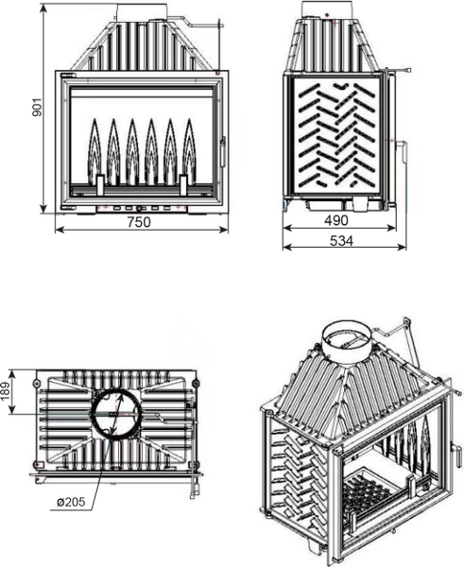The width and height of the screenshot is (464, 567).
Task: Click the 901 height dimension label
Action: [x=37, y=108]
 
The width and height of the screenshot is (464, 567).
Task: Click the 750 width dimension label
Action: [x=139, y=222]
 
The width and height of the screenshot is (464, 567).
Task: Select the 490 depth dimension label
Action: [x=336, y=220]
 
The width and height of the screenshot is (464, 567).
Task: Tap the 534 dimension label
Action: [x=341, y=240]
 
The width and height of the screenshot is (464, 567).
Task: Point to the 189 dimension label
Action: [x=6, y=391]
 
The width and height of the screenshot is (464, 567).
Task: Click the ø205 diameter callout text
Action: [x=71, y=502]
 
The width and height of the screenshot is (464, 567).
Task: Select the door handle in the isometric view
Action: [x=455, y=453]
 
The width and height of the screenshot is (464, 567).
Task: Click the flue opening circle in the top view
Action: [x=115, y=414]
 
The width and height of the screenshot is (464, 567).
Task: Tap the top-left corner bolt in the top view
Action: [x=36, y=383]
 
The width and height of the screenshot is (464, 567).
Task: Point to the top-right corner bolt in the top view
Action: [x=196, y=383]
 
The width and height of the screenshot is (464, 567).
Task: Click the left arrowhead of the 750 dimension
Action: [x=60, y=230]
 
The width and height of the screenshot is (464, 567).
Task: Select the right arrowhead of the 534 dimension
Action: [x=402, y=247]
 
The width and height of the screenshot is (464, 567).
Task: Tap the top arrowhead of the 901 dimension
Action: [x=43, y=8]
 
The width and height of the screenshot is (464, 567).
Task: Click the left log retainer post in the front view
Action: [x=100, y=185]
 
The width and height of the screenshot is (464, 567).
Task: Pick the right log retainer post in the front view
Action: [x=183, y=185]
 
